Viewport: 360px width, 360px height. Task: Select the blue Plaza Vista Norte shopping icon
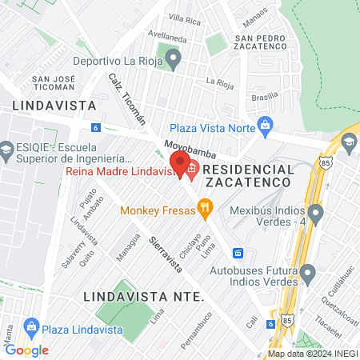pyautogui.click(x=266, y=125)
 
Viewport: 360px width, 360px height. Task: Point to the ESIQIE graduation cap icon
pyautogui.click(x=7, y=149)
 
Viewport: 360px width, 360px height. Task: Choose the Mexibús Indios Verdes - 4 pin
pyautogui.click(x=316, y=214)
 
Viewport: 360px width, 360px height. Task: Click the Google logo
pyautogui.click(x=26, y=350)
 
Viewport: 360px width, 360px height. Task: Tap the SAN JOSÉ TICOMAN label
pyautogui.click(x=53, y=82)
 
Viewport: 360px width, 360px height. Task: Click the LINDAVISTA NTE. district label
pyautogui.click(x=143, y=297)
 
